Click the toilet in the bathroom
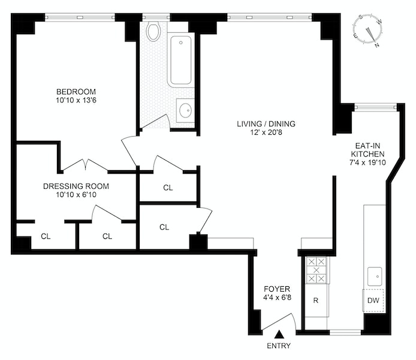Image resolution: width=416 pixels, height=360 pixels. click(153, 31)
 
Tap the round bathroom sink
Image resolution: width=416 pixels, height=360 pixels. click(185, 110)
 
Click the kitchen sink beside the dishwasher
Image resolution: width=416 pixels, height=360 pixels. click(375, 277)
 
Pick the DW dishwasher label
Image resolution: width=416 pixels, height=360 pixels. click(373, 300)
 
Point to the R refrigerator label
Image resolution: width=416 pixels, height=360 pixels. click(316, 300)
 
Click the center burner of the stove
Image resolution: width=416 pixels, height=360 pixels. click(316, 270)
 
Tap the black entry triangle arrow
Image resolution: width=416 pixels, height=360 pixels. click(279, 335)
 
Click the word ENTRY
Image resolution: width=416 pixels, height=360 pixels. click(279, 346)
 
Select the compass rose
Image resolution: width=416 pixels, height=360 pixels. click(367, 31)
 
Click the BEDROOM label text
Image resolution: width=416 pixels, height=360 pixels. click(76, 92)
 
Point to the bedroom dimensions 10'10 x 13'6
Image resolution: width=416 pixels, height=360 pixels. click(76, 101)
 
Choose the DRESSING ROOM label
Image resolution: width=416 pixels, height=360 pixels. click(76, 186)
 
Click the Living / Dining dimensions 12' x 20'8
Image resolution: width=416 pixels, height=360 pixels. click(266, 132)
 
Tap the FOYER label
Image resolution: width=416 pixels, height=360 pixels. click(277, 289)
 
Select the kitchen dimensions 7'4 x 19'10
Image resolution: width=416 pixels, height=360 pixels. click(367, 162)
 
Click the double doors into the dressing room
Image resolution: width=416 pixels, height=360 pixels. click(86, 165)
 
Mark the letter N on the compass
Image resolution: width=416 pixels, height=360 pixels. click(377, 46)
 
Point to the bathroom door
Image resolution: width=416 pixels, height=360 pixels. click(155, 122)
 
